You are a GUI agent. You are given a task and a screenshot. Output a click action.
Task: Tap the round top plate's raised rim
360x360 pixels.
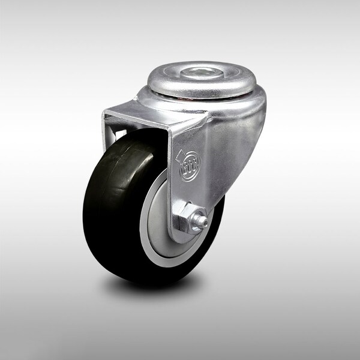157,84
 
